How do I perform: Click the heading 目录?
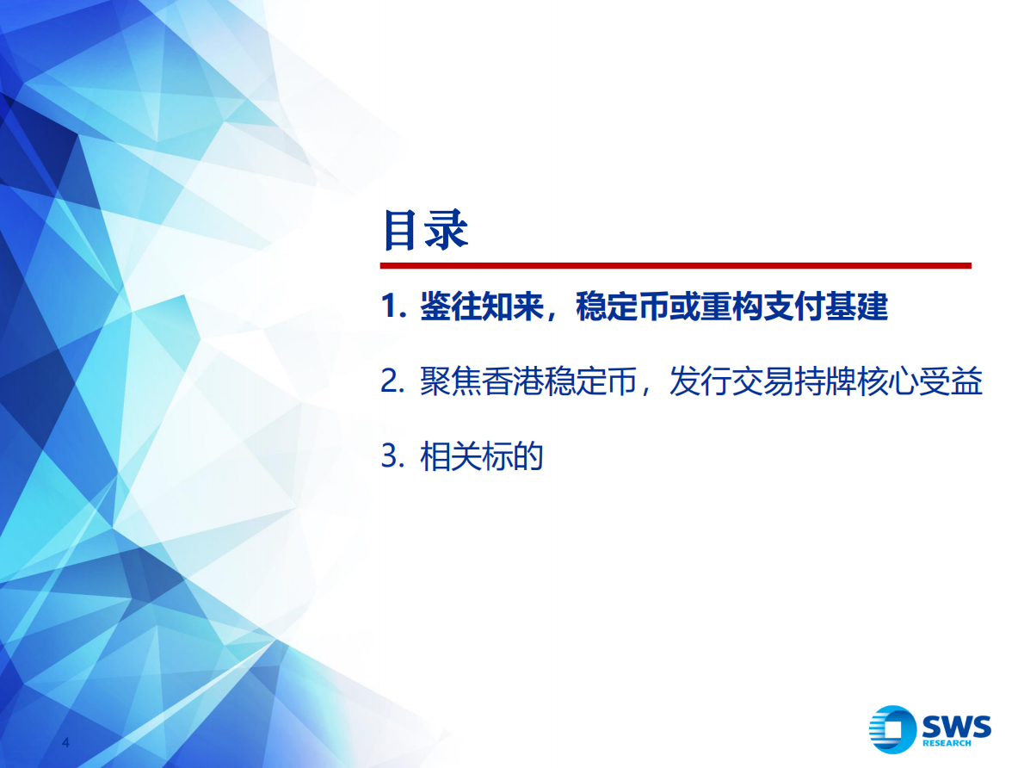(424, 230)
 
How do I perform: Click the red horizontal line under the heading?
(675, 265)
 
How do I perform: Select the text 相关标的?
(482, 457)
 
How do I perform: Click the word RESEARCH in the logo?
(947, 743)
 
